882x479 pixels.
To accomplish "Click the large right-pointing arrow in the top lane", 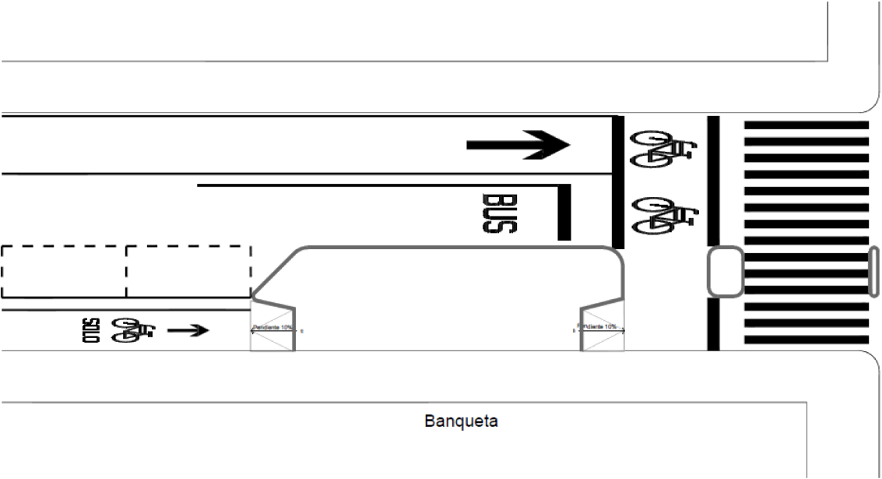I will click(x=518, y=145).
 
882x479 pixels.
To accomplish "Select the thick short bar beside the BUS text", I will click(x=564, y=212).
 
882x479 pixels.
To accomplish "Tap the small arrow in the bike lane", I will click(x=188, y=330).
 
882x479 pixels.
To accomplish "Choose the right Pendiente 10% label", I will click(x=599, y=326).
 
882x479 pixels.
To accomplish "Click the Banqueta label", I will click(x=462, y=422).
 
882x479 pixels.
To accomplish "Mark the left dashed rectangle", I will click(x=63, y=271).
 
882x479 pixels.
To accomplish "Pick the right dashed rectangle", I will click(x=188, y=271).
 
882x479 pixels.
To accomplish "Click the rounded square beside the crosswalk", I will click(x=725, y=272).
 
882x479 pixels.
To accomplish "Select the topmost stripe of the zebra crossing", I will click(x=806, y=125).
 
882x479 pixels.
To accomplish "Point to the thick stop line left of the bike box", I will click(x=617, y=181).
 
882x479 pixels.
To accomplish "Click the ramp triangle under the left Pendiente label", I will click(x=272, y=341).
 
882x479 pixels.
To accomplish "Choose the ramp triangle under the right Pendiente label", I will click(x=603, y=340).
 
